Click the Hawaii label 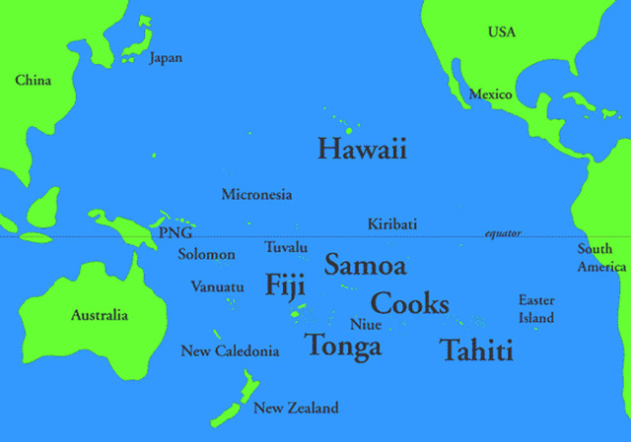click(362, 150)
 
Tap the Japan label click(166, 58)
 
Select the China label click(34, 80)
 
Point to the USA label click(501, 32)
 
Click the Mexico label click(490, 95)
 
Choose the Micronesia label click(256, 194)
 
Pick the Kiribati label click(391, 224)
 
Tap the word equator click(503, 233)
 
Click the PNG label click(175, 233)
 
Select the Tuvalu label click(286, 247)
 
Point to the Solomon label click(206, 255)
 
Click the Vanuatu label click(217, 286)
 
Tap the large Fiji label click(285, 285)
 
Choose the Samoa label click(365, 265)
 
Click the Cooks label click(409, 303)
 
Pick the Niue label click(366, 324)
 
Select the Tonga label click(342, 346)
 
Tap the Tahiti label click(476, 350)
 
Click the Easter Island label click(536, 309)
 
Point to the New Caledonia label click(230, 351)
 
